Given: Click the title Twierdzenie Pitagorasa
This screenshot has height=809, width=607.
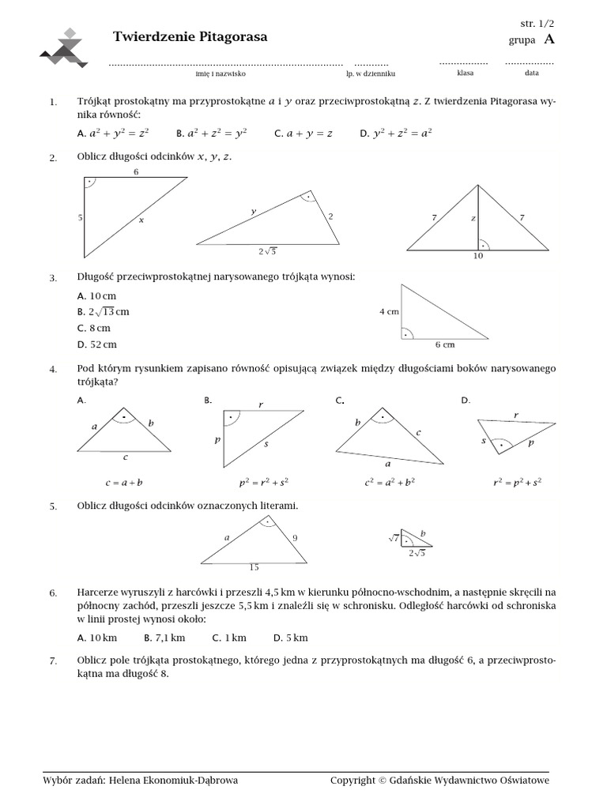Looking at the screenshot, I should point(190,37).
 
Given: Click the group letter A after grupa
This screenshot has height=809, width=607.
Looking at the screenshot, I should point(549,40).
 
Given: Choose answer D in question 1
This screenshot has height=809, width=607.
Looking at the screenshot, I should point(396,134).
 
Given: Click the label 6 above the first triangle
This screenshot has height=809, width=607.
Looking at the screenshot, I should point(136,171).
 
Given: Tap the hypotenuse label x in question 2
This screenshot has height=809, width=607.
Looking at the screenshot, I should point(141,220).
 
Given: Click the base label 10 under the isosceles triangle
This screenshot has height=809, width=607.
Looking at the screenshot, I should point(477,256).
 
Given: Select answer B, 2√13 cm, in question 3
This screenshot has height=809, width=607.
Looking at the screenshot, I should point(104,311).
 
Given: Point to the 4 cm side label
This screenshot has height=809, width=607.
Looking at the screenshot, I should point(389,311).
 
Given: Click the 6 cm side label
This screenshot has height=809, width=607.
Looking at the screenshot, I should point(445,344).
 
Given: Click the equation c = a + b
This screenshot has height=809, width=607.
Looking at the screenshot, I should point(123,481).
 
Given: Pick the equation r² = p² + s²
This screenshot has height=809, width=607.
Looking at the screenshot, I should point(517,481).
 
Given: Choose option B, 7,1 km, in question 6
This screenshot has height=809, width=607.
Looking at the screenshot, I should point(164,638).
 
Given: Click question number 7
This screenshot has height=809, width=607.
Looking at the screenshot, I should point(53,661).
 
